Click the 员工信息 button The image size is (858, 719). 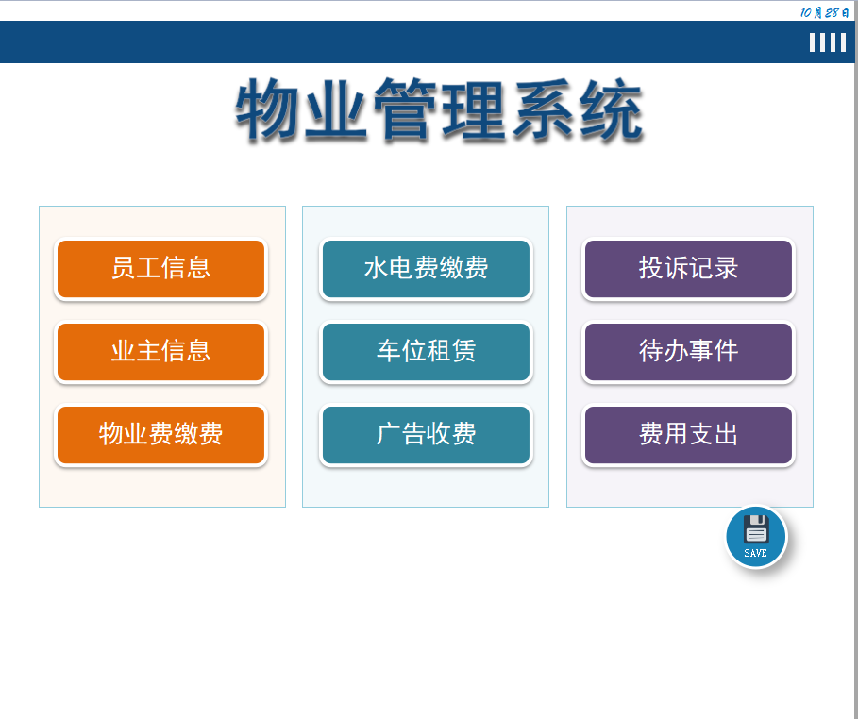coord(160,269)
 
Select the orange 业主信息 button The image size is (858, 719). coord(160,352)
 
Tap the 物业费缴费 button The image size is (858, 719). coord(160,435)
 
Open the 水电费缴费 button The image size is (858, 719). coord(426,269)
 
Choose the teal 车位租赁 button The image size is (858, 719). coord(426,352)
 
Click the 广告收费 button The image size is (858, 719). coord(426,435)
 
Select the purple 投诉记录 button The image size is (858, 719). coord(688,269)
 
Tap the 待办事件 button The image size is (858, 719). coord(688,352)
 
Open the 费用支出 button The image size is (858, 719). coord(688,435)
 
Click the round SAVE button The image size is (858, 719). coord(755,537)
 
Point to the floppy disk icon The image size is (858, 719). coord(756,529)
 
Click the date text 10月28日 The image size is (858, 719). coord(824,12)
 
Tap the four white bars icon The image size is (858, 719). coord(828,42)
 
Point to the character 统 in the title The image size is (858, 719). coord(610,110)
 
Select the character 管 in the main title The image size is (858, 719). coord(406,110)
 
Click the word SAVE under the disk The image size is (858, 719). coord(755,553)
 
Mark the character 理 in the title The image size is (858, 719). coord(474,110)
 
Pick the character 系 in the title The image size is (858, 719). coord(542,110)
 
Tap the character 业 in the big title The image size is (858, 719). coord(337,110)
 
